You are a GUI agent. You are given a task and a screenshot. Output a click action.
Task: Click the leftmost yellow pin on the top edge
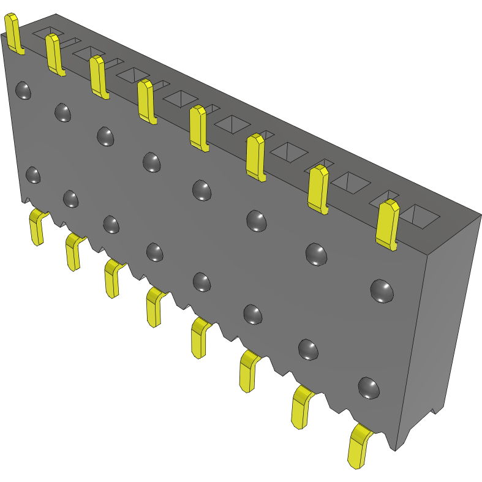pyautogui.click(x=13, y=34)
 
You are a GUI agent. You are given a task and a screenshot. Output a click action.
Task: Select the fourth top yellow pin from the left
pyautogui.click(x=146, y=101)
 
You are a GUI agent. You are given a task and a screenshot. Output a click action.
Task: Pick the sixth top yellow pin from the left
pyautogui.click(x=255, y=156)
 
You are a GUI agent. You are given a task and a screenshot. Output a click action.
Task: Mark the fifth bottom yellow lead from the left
pyautogui.click(x=200, y=336)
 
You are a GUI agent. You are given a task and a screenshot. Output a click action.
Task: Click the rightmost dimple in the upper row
pyautogui.click(x=382, y=291)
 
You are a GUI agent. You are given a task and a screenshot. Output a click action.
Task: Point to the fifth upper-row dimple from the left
pyautogui.click(x=202, y=190)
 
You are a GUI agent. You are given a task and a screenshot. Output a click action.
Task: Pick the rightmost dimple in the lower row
pyautogui.click(x=368, y=388)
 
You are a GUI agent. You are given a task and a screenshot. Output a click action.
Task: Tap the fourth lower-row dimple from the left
pyautogui.click(x=154, y=252)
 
